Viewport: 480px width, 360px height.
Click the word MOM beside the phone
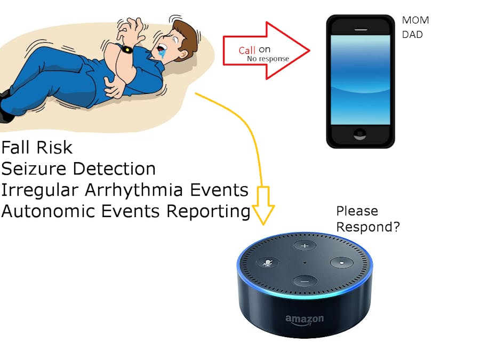[x=415, y=21]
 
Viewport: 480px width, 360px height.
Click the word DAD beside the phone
[x=412, y=34]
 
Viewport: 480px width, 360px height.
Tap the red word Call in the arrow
[x=247, y=50]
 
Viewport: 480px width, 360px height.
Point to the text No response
[x=268, y=59]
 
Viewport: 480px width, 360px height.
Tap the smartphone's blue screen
[x=361, y=79]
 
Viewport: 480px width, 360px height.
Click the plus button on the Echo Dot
[x=305, y=246]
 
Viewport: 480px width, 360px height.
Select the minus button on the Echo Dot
[x=305, y=281]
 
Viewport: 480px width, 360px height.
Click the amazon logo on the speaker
[x=305, y=319]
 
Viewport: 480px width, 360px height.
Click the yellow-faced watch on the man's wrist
[x=127, y=50]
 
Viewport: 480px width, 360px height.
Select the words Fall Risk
[x=37, y=147]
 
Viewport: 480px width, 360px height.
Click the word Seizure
[x=35, y=169]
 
